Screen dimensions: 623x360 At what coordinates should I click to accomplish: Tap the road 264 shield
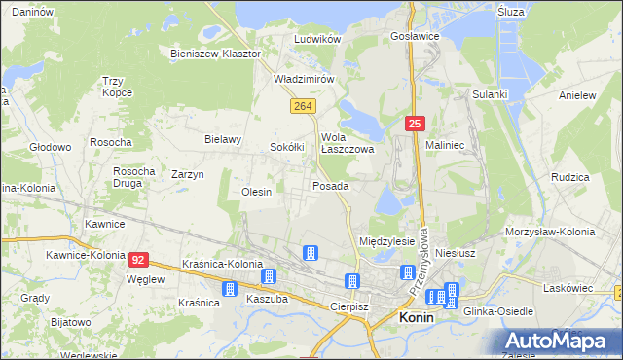pos(302,104)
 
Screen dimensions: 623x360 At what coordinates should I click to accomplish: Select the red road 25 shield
pos(415,123)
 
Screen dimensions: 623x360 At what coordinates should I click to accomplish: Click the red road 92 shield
pos(139,259)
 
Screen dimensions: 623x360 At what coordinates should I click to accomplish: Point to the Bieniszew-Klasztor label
pos(215,54)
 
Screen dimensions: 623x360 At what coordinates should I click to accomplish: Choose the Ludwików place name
pos(317,39)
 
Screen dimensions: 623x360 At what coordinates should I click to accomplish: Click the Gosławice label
pos(415,36)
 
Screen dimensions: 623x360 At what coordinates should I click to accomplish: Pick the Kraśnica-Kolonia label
pos(223,265)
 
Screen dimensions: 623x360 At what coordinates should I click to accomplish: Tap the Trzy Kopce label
pos(117,88)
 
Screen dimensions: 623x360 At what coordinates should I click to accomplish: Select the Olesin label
pos(256,193)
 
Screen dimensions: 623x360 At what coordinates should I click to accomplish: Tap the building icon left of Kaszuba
pos(230,289)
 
